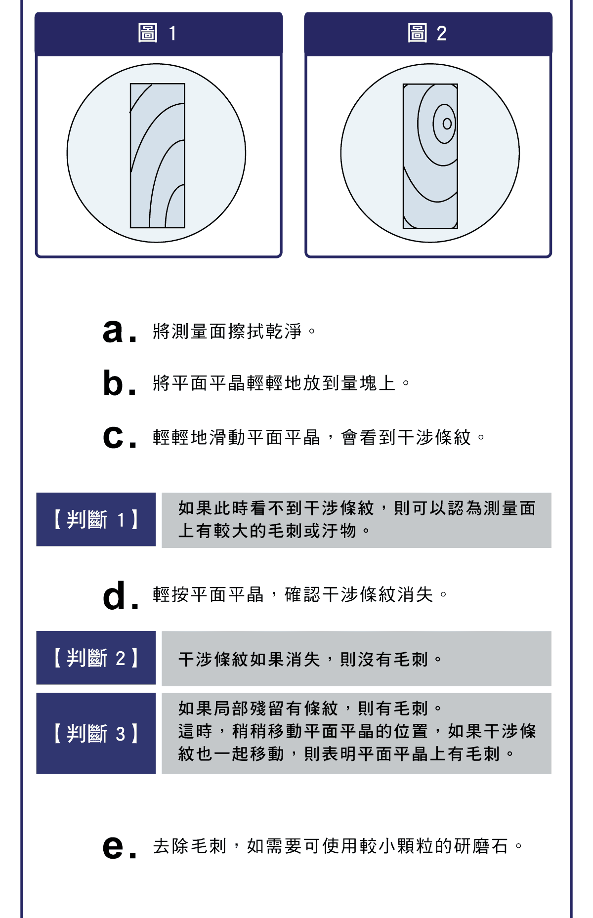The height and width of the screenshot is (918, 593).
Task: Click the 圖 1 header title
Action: [x=158, y=34]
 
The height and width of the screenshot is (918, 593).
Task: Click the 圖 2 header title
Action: [x=427, y=34]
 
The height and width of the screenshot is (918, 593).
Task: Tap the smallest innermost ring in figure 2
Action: [x=447, y=124]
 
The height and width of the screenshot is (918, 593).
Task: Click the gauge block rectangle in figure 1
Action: [x=157, y=156]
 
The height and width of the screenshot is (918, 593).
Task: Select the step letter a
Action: [x=113, y=331]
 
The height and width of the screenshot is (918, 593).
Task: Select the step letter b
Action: [x=113, y=383]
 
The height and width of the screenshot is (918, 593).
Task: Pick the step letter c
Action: [x=113, y=437]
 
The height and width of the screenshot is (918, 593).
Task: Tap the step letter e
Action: [x=113, y=847]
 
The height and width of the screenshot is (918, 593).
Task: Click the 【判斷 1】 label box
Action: [x=96, y=520]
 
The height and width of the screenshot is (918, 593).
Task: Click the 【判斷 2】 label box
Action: [x=96, y=658]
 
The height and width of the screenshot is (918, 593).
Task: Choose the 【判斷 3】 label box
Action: [x=96, y=734]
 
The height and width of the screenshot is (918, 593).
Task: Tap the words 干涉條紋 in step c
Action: [x=434, y=438]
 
